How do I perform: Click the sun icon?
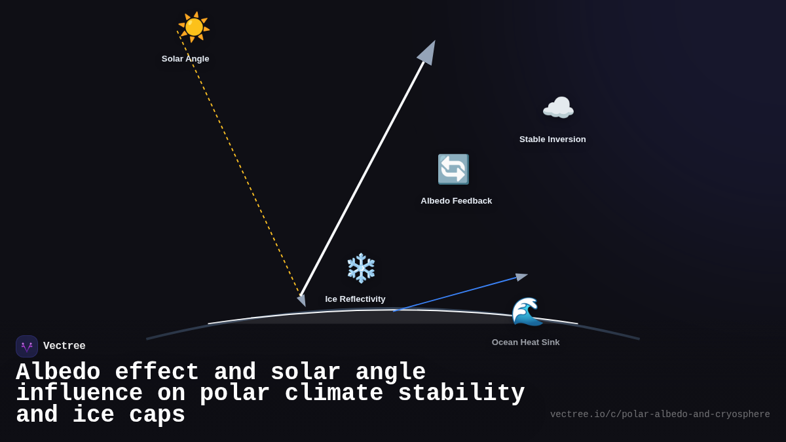tap(194, 28)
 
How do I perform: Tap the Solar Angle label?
tap(185, 59)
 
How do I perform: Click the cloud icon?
tap(558, 108)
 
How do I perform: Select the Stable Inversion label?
tap(552, 139)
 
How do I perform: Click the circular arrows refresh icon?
tap(453, 170)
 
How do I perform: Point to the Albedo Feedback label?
tap(456, 201)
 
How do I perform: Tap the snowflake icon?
tap(361, 268)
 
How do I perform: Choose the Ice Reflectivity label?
tap(355, 299)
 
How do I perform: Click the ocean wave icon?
tap(527, 312)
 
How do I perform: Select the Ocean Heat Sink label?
tap(525, 342)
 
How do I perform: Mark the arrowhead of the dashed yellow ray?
tap(302, 300)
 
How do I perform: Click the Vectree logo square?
tap(27, 346)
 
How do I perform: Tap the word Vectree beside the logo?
tap(64, 346)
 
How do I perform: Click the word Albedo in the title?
tap(58, 373)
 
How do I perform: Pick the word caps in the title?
tap(157, 415)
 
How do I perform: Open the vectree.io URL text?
tap(660, 414)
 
